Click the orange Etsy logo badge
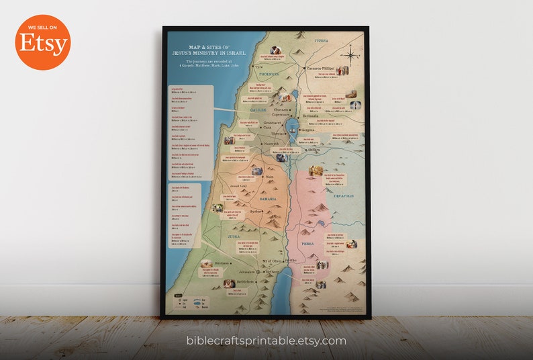[x=42, y=42]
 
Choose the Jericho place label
[x=289, y=260]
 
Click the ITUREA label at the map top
[x=322, y=40]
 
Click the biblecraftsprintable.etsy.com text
[x=266, y=341]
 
